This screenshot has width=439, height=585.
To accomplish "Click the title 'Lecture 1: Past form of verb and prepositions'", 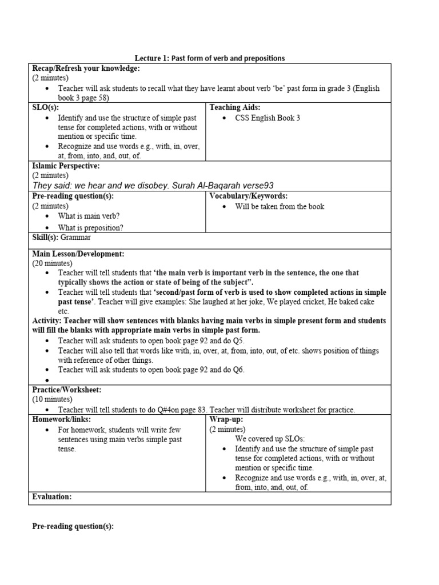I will (210, 58).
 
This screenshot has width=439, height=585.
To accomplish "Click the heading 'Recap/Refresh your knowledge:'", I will (86, 69).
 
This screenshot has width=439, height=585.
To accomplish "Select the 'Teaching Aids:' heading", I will (234, 107).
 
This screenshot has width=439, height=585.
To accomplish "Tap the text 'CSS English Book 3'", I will (268, 118).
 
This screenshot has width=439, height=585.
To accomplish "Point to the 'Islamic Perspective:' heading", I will (66, 166).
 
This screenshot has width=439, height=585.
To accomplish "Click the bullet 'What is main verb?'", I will (89, 216).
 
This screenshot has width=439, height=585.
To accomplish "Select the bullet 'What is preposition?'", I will (90, 227).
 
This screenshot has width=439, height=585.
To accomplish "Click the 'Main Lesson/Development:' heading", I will (78, 253).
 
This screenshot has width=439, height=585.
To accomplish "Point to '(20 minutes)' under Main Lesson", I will (52, 263).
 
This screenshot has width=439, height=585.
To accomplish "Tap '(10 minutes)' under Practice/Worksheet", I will (52, 399).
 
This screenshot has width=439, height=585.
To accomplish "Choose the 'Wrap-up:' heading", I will (226, 419).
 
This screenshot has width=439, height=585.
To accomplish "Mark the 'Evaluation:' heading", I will (52, 497).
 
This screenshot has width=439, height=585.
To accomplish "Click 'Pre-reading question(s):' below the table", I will (73, 526).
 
